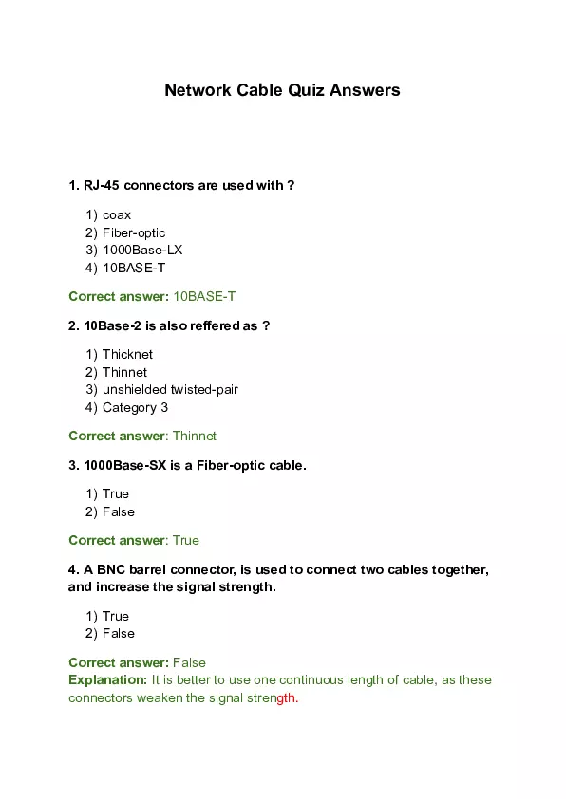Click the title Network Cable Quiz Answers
click(x=282, y=91)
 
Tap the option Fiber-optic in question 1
click(x=134, y=232)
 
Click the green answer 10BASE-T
click(x=204, y=297)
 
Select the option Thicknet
click(x=127, y=355)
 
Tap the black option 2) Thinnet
click(x=124, y=373)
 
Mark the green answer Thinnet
click(x=195, y=437)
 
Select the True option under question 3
click(x=115, y=494)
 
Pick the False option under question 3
click(x=118, y=512)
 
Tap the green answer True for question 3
click(x=186, y=541)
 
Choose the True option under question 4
click(x=115, y=617)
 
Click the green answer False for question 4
click(x=189, y=663)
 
